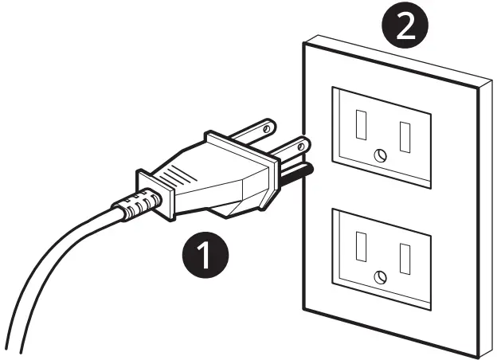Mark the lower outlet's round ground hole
(x=380, y=276)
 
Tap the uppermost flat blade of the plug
(x=259, y=128)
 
